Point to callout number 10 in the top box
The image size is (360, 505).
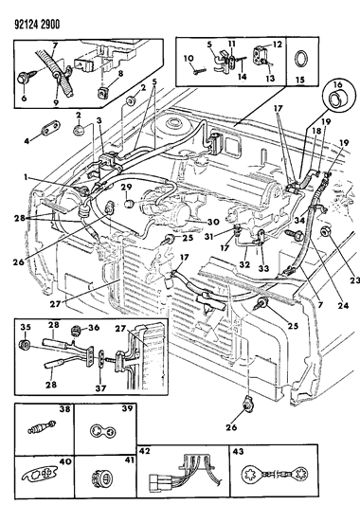[x=189, y=58]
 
